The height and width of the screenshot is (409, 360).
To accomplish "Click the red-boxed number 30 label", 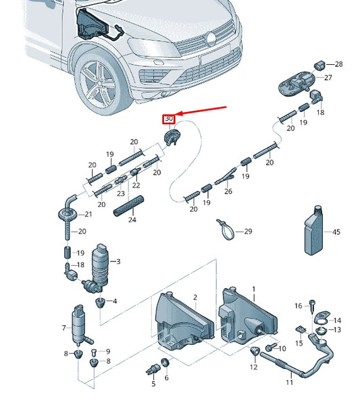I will [x=170, y=119].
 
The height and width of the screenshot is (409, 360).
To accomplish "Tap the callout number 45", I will [x=336, y=231].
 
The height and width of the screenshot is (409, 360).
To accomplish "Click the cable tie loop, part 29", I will [x=226, y=229].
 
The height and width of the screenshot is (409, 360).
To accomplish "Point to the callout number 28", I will [x=339, y=65].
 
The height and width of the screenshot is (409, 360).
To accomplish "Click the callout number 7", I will [x=65, y=328].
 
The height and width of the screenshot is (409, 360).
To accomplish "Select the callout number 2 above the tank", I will [x=195, y=298].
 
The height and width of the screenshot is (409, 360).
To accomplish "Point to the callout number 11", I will [x=289, y=383].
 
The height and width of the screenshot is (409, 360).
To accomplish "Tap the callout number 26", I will [x=228, y=192].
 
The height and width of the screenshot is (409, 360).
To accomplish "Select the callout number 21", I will [x=88, y=215].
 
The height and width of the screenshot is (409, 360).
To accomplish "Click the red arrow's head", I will [x=179, y=117].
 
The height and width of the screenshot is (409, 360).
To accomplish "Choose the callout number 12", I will [x=254, y=368].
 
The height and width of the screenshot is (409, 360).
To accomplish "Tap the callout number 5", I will [x=153, y=384].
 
